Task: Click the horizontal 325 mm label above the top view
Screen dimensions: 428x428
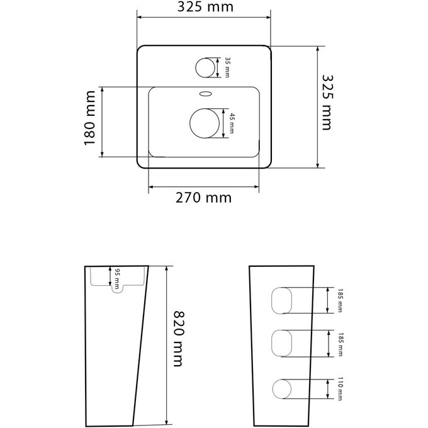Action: pos(205,7)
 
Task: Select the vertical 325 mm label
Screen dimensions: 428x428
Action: pos(327,103)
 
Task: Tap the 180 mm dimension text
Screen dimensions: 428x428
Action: pos(90,118)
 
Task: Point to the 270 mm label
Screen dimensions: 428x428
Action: pos(204,198)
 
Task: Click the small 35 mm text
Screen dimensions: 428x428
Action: pos(227,67)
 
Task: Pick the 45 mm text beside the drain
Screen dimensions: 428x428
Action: pos(232,123)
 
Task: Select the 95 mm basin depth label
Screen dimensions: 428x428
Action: pos(117,279)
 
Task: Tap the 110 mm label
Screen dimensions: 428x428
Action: pos(340,389)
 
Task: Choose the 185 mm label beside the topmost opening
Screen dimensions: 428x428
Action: pos(340,300)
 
